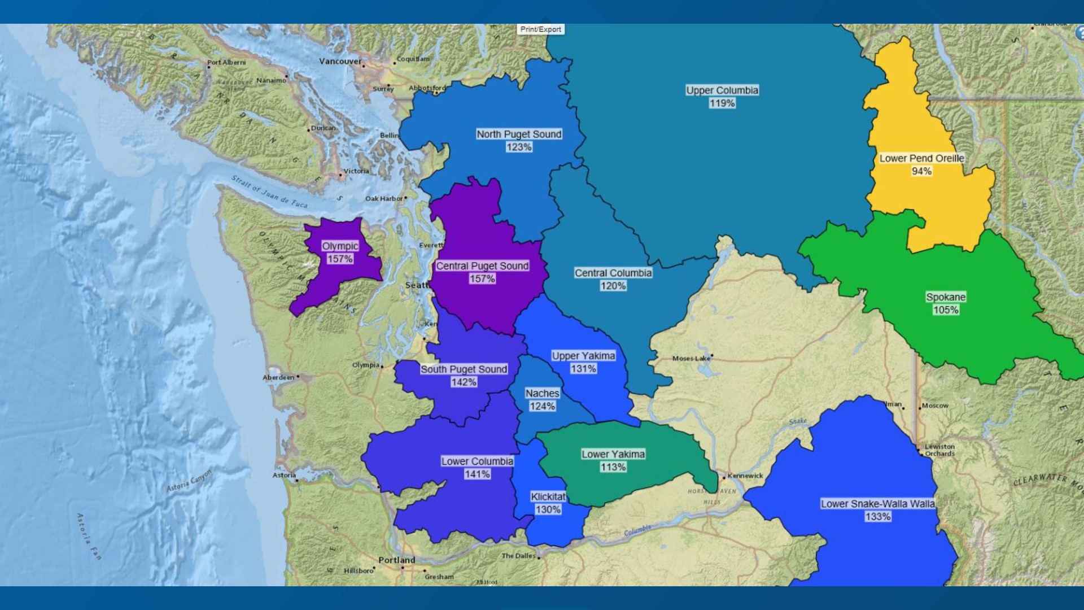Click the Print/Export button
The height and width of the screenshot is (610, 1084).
click(x=540, y=29)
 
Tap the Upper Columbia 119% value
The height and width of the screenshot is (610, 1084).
click(x=722, y=103)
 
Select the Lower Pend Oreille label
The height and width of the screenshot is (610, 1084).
click(x=921, y=159)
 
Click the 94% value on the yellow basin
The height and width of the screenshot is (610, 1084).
click(x=921, y=171)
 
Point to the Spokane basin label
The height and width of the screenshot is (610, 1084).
click(x=946, y=297)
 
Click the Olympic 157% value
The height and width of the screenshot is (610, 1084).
click(x=340, y=259)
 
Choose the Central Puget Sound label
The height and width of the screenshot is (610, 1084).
click(x=482, y=266)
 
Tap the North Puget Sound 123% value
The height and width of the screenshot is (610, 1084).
click(x=519, y=147)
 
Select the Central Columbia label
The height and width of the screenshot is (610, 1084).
click(x=613, y=273)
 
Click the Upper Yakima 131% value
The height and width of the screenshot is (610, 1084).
click(x=583, y=369)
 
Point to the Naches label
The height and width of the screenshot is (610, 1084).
click(x=542, y=394)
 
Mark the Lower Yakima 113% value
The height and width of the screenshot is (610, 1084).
click(x=613, y=467)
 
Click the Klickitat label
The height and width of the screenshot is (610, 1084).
click(x=548, y=497)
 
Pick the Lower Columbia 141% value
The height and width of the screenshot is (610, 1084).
click(x=477, y=474)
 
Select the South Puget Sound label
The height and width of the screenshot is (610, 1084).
click(x=464, y=369)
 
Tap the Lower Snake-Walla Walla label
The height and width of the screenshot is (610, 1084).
click(x=877, y=504)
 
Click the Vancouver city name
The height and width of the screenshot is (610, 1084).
click(x=340, y=62)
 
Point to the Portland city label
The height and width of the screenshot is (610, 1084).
click(x=396, y=560)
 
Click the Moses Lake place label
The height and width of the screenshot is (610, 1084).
click(x=691, y=359)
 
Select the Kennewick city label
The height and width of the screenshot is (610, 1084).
click(x=745, y=476)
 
